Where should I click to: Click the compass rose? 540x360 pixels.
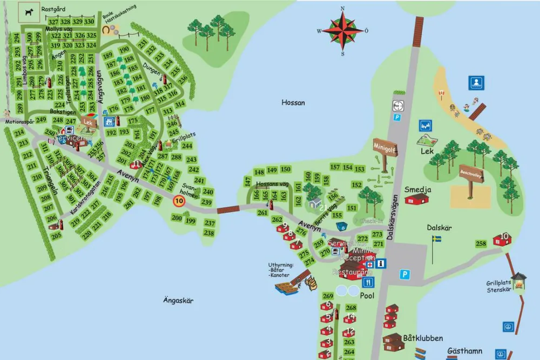[343, 31]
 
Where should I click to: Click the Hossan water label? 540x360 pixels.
[293, 103]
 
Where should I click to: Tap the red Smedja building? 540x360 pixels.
[416, 199]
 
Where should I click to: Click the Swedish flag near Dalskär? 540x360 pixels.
[436, 239]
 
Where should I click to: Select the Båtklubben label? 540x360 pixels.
[423, 338]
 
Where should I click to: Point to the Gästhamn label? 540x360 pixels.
[464, 351]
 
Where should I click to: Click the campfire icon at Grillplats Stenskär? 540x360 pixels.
[519, 279]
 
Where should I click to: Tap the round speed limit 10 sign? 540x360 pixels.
[178, 202]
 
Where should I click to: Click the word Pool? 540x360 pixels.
[367, 296]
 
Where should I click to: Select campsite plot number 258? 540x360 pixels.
[481, 243]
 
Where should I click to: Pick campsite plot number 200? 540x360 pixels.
[177, 218]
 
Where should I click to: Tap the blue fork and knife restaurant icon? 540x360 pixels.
[368, 282]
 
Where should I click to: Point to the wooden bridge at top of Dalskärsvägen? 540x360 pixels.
[417, 32]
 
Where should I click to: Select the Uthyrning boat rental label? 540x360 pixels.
[280, 270]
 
